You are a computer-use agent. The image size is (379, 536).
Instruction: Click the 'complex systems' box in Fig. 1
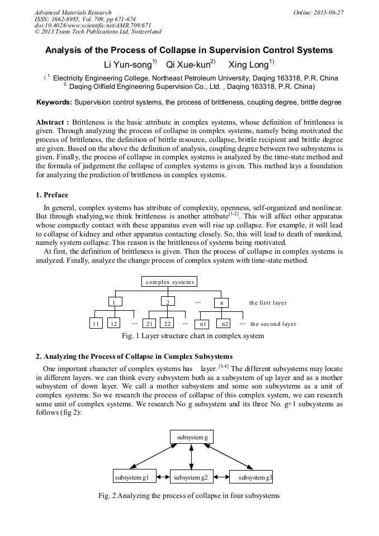pyautogui.click(x=169, y=282)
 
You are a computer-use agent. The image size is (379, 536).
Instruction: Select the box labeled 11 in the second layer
pyautogui.click(x=97, y=324)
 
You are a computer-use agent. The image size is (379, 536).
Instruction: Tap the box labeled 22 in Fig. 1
pyautogui.click(x=167, y=324)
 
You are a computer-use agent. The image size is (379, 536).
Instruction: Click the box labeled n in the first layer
pyautogui.click(x=221, y=303)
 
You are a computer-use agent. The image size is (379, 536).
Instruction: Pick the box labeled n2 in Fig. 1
pyautogui.click(x=225, y=324)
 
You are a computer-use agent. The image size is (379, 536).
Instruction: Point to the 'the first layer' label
pyautogui.click(x=268, y=303)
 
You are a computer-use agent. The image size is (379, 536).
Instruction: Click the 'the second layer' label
pyautogui.click(x=273, y=324)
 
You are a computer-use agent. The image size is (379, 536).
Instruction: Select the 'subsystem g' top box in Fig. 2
pyautogui.click(x=192, y=437)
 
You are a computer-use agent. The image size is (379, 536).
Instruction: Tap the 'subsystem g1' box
pyautogui.click(x=131, y=477)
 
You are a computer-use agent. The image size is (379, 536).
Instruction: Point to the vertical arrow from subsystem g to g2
pyautogui.click(x=192, y=457)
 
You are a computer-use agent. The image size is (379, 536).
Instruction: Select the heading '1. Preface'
pyautogui.click(x=52, y=195)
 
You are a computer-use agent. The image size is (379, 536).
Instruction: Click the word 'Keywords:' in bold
pyautogui.click(x=54, y=103)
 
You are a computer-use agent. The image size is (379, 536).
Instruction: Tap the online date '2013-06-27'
pyautogui.click(x=329, y=12)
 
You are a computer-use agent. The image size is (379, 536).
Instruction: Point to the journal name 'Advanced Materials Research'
pyautogui.click(x=73, y=12)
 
